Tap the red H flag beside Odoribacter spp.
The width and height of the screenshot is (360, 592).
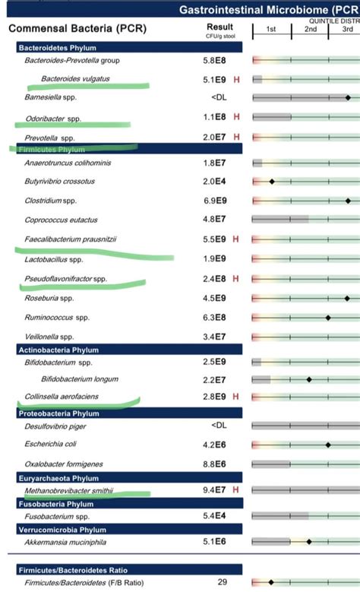click(x=237, y=117)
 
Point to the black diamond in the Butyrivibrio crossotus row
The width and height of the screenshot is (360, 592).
click(x=271, y=182)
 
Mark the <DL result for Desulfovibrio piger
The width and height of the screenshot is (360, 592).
click(x=219, y=426)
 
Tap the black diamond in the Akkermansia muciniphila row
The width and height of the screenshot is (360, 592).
click(x=309, y=542)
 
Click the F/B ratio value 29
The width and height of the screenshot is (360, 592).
click(x=223, y=581)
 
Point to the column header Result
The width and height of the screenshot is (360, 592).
click(x=219, y=27)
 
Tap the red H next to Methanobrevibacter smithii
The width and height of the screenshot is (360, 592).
click(x=237, y=491)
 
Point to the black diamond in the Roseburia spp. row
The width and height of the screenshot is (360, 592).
click(x=347, y=299)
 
